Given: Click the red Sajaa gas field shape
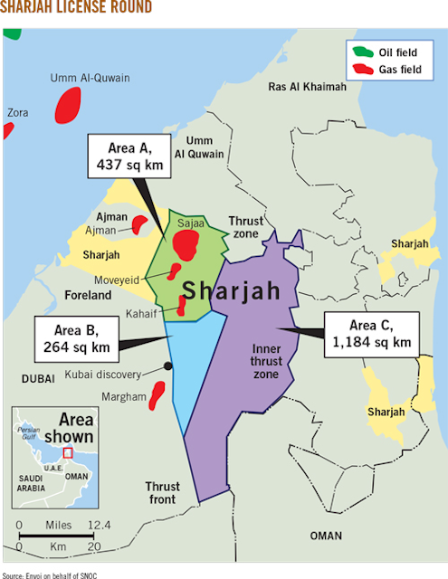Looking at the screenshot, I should (x=187, y=242).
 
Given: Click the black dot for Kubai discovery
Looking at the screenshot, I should (x=168, y=365).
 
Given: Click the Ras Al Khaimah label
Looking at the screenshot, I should (x=308, y=87).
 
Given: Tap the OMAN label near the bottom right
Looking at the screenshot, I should (x=326, y=536).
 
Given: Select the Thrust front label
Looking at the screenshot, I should (x=162, y=493).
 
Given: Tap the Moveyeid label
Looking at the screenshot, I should (x=117, y=280).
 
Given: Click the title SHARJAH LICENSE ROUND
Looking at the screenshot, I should (x=76, y=9).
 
